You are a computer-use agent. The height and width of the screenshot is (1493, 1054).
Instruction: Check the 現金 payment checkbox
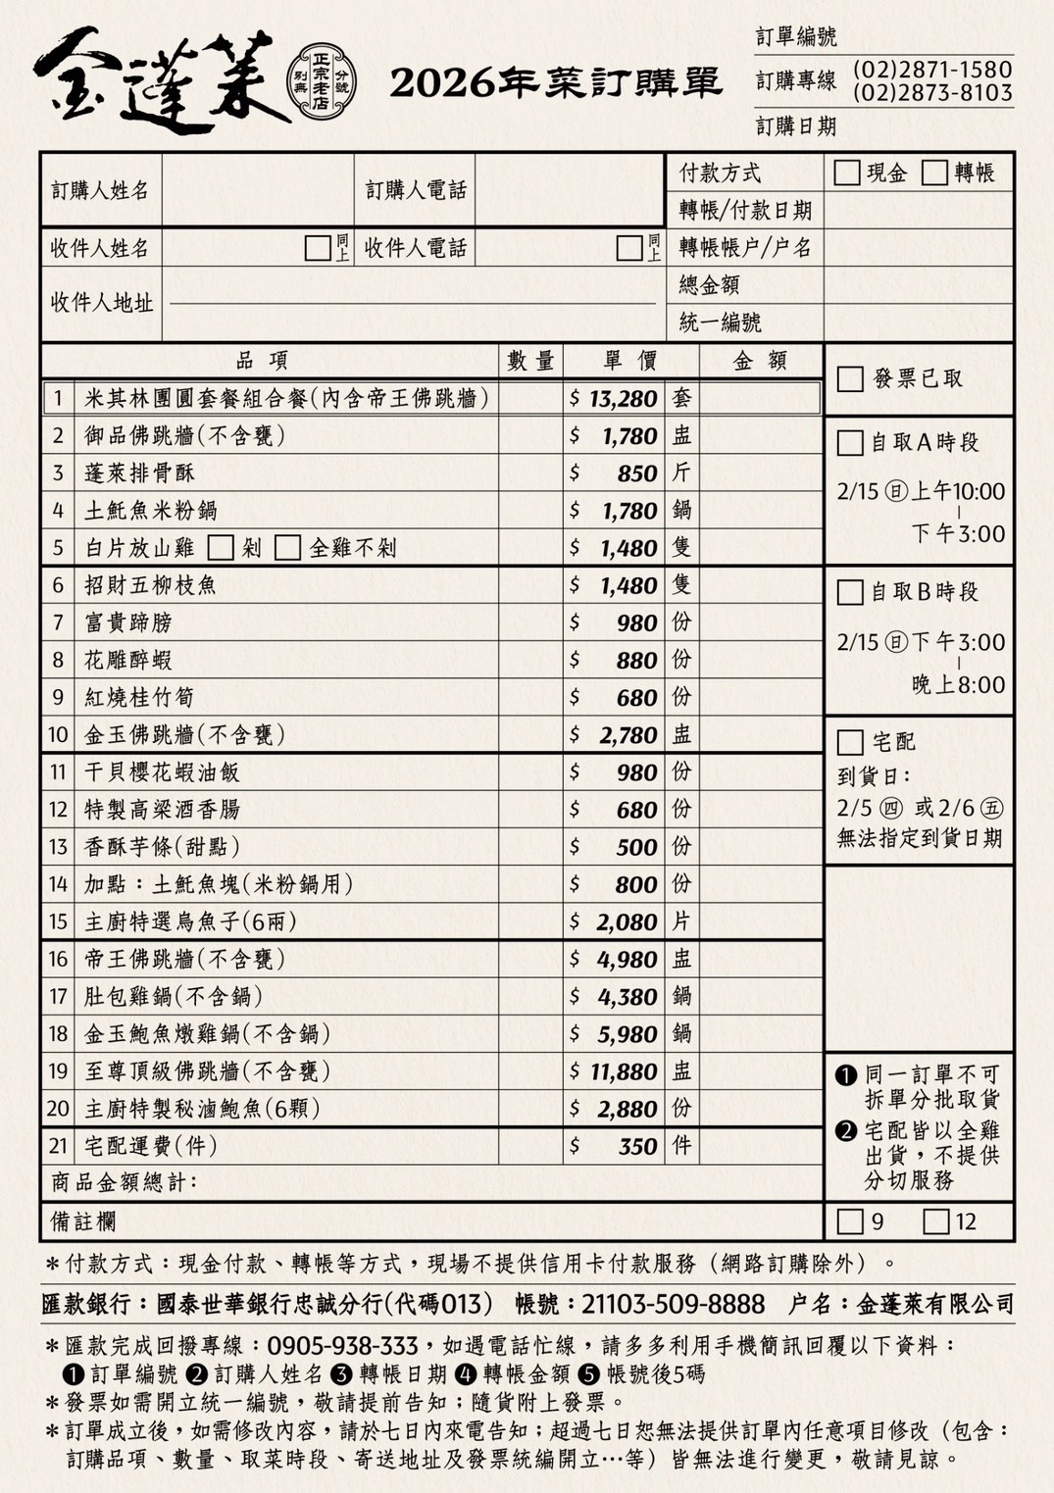pyautogui.click(x=846, y=173)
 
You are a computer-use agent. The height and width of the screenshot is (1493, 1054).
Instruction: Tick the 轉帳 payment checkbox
pyautogui.click(x=934, y=173)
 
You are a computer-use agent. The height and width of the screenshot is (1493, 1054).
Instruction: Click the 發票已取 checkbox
pyautogui.click(x=850, y=378)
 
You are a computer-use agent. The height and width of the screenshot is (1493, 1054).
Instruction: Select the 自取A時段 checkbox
pyautogui.click(x=850, y=443)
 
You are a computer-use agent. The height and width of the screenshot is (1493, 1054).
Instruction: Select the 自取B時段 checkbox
pyautogui.click(x=850, y=592)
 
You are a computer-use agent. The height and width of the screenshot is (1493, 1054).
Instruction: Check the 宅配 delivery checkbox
pyautogui.click(x=850, y=742)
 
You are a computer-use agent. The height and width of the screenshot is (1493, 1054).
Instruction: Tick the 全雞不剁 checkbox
pyautogui.click(x=287, y=547)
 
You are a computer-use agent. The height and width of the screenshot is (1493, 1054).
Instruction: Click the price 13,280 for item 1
pyautogui.click(x=623, y=399)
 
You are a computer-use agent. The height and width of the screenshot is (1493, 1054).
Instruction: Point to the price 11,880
pyautogui.click(x=623, y=1071)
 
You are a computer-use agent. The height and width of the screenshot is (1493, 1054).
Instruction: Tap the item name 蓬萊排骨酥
pyautogui.click(x=139, y=473)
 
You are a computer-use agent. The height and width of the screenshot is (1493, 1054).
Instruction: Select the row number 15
pyautogui.click(x=58, y=921)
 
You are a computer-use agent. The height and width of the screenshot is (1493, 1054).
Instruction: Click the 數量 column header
pyautogui.click(x=530, y=361)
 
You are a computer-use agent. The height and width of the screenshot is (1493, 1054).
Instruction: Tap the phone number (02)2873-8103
pyautogui.click(x=931, y=93)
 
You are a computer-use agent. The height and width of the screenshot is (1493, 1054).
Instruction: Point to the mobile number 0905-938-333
pyautogui.click(x=342, y=1345)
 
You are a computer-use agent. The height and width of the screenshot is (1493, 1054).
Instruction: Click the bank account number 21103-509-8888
pyautogui.click(x=673, y=1304)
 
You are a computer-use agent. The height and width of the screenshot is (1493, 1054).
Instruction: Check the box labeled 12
pyautogui.click(x=936, y=1221)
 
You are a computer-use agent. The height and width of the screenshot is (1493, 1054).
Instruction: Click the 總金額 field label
pyautogui.click(x=709, y=285)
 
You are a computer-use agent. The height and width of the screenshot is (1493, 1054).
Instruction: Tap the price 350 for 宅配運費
pyautogui.click(x=637, y=1146)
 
